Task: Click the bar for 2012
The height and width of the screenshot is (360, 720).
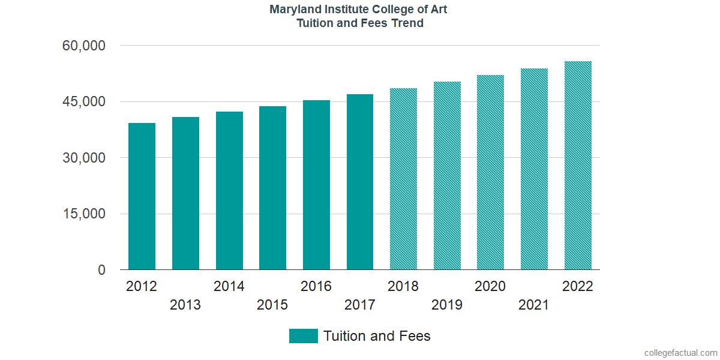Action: pyautogui.click(x=142, y=197)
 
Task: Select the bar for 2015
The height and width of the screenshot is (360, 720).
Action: pyautogui.click(x=272, y=188)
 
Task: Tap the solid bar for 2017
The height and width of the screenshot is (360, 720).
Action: pyautogui.click(x=360, y=182)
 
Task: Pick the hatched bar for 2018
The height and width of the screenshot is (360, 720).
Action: pyautogui.click(x=403, y=179)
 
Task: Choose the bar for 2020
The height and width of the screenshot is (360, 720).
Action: pyautogui.click(x=490, y=173)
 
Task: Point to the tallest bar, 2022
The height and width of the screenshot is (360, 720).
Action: pyautogui.click(x=578, y=166)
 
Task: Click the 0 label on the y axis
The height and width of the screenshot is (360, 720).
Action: pyautogui.click(x=101, y=270)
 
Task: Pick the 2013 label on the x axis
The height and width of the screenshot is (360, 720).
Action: pyautogui.click(x=185, y=305)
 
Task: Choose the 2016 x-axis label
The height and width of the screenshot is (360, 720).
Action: pyautogui.click(x=316, y=286)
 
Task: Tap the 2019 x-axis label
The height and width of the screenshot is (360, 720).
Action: pyautogui.click(x=447, y=305)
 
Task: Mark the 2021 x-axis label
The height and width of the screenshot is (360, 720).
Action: pyautogui.click(x=534, y=305)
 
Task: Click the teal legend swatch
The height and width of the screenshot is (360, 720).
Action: pyautogui.click(x=303, y=336)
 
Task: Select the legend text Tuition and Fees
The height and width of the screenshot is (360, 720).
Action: pyautogui.click(x=377, y=336)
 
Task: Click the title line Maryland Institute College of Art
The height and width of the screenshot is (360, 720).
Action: pyautogui.click(x=359, y=10)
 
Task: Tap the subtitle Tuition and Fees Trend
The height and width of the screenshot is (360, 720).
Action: pyautogui.click(x=359, y=23)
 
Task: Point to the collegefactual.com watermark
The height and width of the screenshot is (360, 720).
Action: pyautogui.click(x=680, y=353)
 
